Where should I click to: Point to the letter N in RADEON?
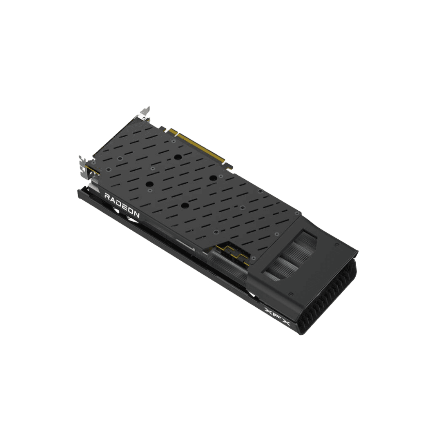(136, 214)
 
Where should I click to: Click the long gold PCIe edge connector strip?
(200, 147)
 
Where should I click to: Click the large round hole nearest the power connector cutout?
(185, 206)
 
